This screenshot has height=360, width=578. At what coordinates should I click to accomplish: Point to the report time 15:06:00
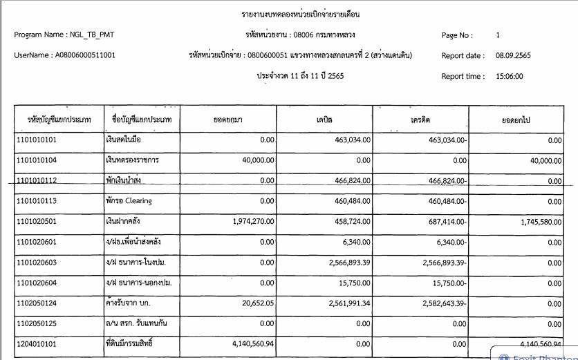click(508, 76)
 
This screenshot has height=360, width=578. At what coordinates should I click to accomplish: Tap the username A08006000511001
click(85, 55)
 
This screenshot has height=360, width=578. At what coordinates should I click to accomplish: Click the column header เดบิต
click(324, 120)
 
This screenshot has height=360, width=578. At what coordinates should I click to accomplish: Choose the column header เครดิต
click(420, 120)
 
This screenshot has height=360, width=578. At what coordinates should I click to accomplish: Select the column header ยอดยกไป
click(516, 120)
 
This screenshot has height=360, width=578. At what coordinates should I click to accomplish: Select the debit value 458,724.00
click(349, 221)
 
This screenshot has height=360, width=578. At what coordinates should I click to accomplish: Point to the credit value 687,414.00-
click(443, 221)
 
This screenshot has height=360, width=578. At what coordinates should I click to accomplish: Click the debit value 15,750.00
click(352, 282)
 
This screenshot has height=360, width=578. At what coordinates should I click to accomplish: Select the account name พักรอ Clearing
click(129, 201)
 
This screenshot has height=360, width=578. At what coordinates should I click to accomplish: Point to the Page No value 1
click(498, 35)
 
